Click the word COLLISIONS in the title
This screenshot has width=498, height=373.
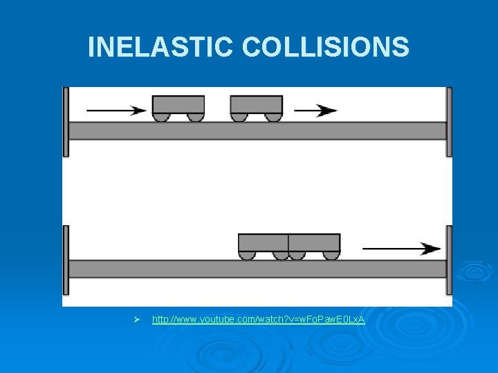[326, 47]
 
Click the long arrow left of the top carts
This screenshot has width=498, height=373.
[116, 110]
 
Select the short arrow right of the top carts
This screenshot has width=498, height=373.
[315, 110]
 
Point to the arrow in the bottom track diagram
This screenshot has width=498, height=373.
[401, 248]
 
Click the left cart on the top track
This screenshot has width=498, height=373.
[178, 104]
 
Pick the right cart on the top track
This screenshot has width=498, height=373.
[256, 104]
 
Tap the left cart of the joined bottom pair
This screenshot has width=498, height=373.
[263, 243]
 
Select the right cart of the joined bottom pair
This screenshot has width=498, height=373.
[314, 243]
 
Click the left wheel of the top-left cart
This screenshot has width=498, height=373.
[161, 117]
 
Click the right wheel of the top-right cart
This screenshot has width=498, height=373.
[273, 117]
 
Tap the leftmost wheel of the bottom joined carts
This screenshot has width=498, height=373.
[247, 256]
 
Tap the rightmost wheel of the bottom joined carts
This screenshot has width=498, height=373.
[331, 256]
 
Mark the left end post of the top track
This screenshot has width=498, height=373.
[66, 122]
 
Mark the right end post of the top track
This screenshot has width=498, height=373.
[449, 122]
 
